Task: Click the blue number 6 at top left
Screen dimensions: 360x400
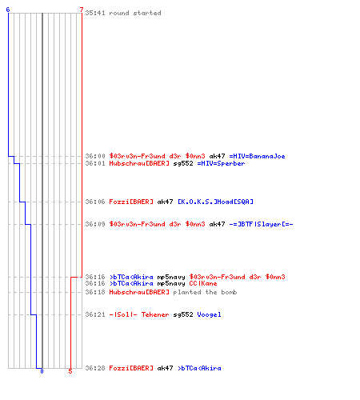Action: pyautogui.click(x=8, y=10)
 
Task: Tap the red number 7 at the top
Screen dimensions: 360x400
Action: pyautogui.click(x=82, y=10)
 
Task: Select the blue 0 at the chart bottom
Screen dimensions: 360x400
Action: pyautogui.click(x=42, y=371)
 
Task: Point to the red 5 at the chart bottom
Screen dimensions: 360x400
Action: pyautogui.click(x=70, y=371)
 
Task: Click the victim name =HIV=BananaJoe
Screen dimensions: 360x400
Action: pyautogui.click(x=257, y=156)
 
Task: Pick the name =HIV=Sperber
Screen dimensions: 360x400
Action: pyautogui.click(x=221, y=163)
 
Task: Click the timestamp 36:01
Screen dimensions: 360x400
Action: pyautogui.click(x=95, y=163)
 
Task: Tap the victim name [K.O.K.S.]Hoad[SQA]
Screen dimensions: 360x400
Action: pyautogui.click(x=215, y=202)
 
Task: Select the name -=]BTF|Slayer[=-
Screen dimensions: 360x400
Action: pyautogui.click(x=261, y=224)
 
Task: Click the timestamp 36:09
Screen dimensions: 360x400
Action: pyautogui.click(x=95, y=224)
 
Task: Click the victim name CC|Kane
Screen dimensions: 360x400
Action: pyautogui.click(x=203, y=283)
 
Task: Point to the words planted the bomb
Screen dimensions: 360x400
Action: pyautogui.click(x=205, y=292)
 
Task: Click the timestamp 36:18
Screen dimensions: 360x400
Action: pyautogui.click(x=95, y=292)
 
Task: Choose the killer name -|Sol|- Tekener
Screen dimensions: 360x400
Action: pyautogui.click(x=139, y=314)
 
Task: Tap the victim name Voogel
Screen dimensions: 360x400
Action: pyautogui.click(x=209, y=314)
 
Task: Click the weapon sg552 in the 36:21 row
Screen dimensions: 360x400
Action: pyautogui.click(x=183, y=315)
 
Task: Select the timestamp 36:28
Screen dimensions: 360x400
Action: pyautogui.click(x=95, y=368)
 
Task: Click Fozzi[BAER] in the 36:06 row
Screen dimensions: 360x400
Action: pyautogui.click(x=131, y=202)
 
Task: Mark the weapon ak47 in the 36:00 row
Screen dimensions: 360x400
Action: pyautogui.click(x=217, y=156)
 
